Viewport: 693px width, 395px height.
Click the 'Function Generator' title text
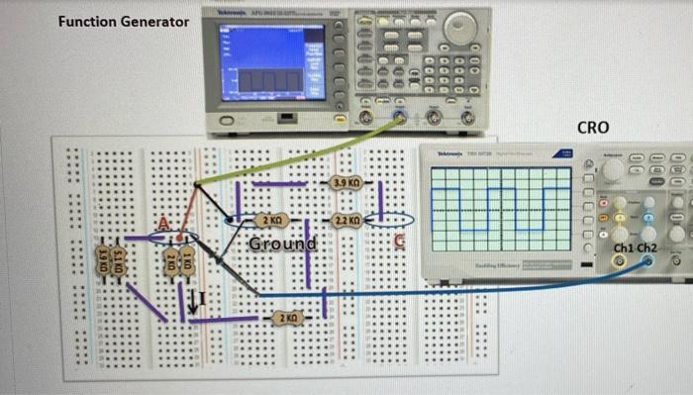click(x=124, y=21)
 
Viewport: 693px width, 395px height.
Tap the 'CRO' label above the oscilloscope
click(x=592, y=128)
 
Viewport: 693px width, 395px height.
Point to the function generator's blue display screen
click(x=270, y=61)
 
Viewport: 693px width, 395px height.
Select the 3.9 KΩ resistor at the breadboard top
click(x=346, y=183)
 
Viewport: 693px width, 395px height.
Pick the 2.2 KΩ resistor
click(x=346, y=220)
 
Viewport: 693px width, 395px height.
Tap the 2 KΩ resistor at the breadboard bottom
click(x=287, y=318)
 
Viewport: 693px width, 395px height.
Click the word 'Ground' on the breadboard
click(x=282, y=244)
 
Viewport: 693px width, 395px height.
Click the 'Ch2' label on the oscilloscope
click(x=647, y=247)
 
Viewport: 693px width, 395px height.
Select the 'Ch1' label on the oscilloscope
click(x=625, y=247)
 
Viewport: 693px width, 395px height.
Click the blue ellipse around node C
click(x=389, y=220)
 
